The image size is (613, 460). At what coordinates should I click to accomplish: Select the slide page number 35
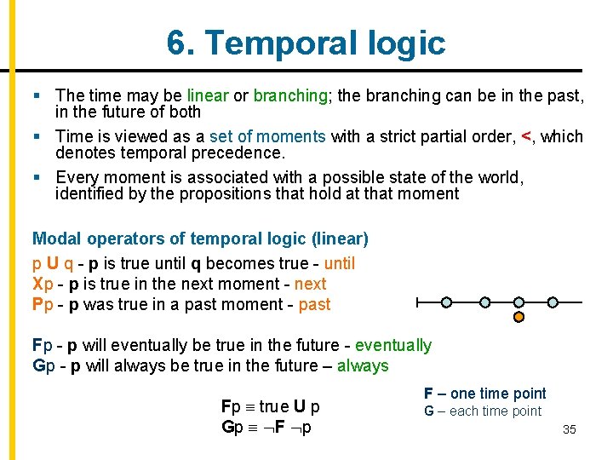click(x=570, y=430)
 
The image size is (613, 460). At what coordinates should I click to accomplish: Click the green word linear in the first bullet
click(x=207, y=95)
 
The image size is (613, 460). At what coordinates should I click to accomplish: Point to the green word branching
click(x=290, y=95)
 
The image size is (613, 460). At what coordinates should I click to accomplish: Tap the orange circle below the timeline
click(x=518, y=318)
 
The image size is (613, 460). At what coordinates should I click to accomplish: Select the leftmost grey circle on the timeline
click(x=446, y=302)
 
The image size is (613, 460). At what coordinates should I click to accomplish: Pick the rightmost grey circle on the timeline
click(x=553, y=302)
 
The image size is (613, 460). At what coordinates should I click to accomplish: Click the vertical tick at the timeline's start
click(x=416, y=302)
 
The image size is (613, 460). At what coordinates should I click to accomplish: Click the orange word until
click(x=339, y=263)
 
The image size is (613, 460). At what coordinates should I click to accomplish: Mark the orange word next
click(x=310, y=284)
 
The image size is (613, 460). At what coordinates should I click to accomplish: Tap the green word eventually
click(x=392, y=345)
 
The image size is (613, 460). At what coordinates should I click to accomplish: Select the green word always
click(x=363, y=365)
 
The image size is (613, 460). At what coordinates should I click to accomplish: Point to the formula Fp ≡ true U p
click(x=270, y=406)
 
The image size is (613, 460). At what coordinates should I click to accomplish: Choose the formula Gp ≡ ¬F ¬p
click(x=266, y=427)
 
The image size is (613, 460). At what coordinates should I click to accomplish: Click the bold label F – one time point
click(x=484, y=393)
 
